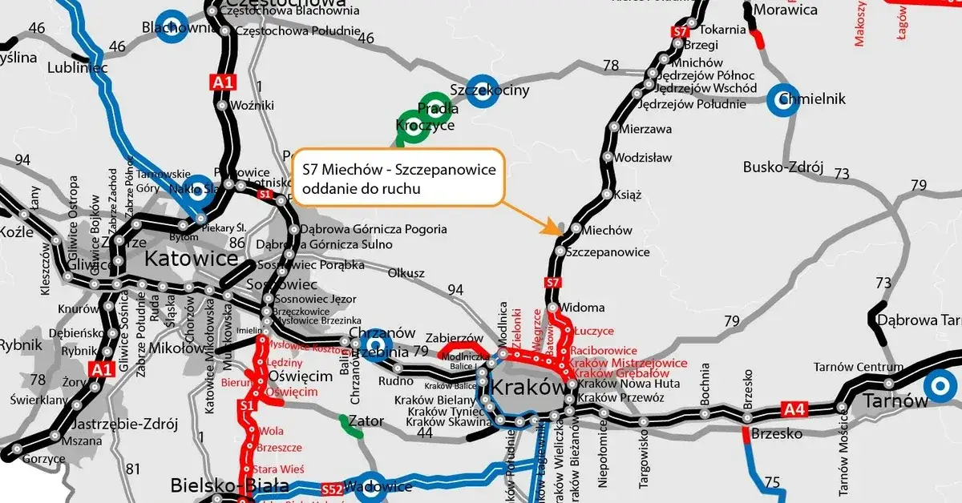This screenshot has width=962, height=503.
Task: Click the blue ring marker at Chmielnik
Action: (782, 100)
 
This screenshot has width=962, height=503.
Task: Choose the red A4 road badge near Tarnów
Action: (793, 410)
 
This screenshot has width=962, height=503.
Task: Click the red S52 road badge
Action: (332, 489)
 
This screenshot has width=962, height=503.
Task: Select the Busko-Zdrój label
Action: (783, 167)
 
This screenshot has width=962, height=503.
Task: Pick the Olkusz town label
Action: (406, 273)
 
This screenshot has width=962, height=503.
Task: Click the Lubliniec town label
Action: (78, 69)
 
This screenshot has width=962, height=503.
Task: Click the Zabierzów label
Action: (455, 339)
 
